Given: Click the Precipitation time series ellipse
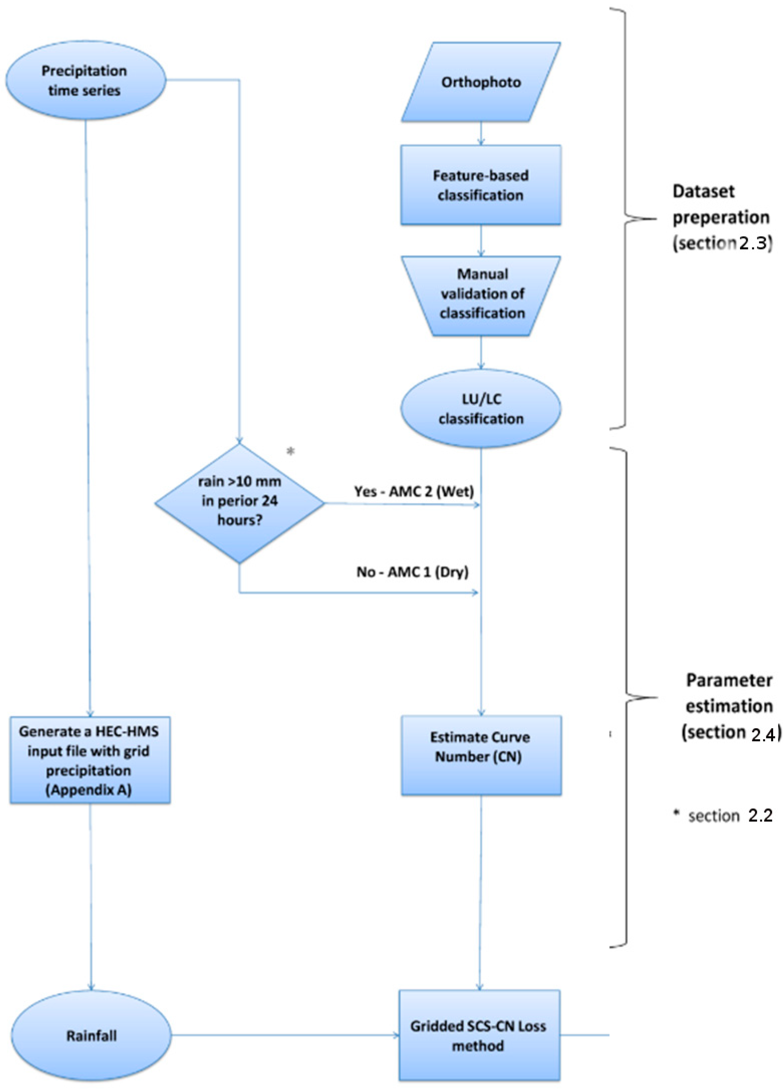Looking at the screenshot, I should tap(85, 80).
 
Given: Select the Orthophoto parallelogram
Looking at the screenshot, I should tap(481, 82).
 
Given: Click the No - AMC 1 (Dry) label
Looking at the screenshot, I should tap(412, 572).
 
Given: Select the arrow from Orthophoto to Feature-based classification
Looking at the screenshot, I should tap(481, 133).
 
